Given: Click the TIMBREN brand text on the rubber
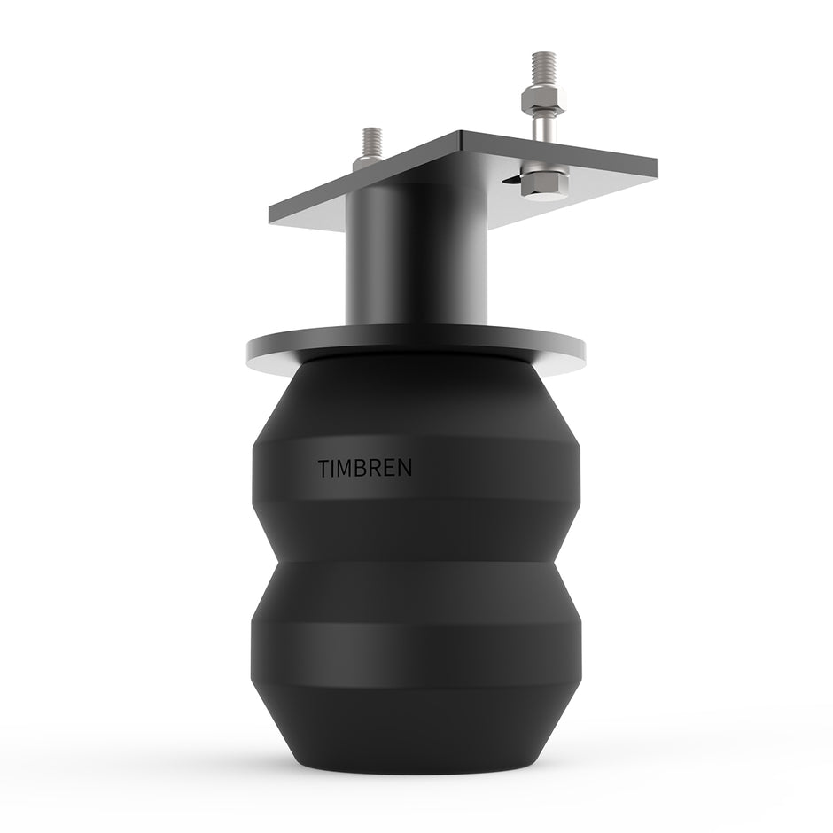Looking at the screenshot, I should tap(364, 469).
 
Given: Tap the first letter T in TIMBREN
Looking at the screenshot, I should tap(323, 469).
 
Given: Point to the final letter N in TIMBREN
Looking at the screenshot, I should tap(405, 469).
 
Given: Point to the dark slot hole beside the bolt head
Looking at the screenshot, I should tap(511, 181).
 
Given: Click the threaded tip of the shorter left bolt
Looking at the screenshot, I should tap(372, 140).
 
